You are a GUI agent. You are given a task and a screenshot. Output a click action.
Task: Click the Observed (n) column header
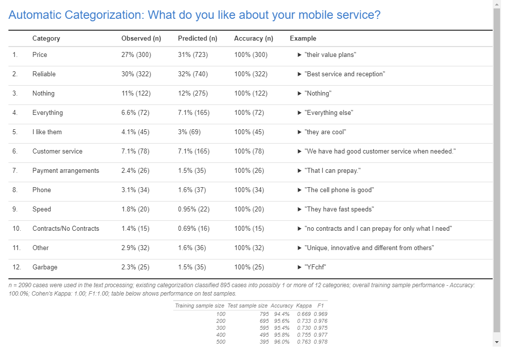point(141,38)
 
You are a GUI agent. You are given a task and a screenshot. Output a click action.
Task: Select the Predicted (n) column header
point(198,38)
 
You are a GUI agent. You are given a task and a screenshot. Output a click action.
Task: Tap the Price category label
point(40,54)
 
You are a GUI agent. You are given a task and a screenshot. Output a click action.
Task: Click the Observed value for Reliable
point(136,74)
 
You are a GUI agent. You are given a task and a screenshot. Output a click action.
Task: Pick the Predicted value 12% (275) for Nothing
point(193,93)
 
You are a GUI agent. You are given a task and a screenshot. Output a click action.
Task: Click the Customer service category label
point(57,151)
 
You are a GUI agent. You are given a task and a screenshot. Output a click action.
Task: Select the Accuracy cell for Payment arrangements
point(251,170)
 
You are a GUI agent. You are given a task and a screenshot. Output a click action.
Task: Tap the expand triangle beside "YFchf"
point(300,267)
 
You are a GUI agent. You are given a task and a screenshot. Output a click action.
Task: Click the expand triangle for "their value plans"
point(300,54)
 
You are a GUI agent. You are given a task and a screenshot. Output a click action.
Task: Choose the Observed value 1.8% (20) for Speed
point(136,209)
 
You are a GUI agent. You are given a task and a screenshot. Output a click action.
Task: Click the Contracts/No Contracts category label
point(66,228)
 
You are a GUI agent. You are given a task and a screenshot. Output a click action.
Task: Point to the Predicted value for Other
point(193,248)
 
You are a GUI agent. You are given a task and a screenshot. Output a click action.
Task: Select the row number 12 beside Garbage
point(17,267)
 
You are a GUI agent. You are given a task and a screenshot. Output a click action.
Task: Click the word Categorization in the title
point(103,15)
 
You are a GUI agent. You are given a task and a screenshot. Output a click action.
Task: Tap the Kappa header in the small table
point(303,306)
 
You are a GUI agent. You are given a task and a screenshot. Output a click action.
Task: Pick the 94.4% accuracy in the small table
point(282,314)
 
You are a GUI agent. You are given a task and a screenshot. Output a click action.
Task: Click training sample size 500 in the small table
point(221,342)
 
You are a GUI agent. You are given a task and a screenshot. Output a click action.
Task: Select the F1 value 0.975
point(320,328)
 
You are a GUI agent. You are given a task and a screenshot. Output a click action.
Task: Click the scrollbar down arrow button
point(497,342)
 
